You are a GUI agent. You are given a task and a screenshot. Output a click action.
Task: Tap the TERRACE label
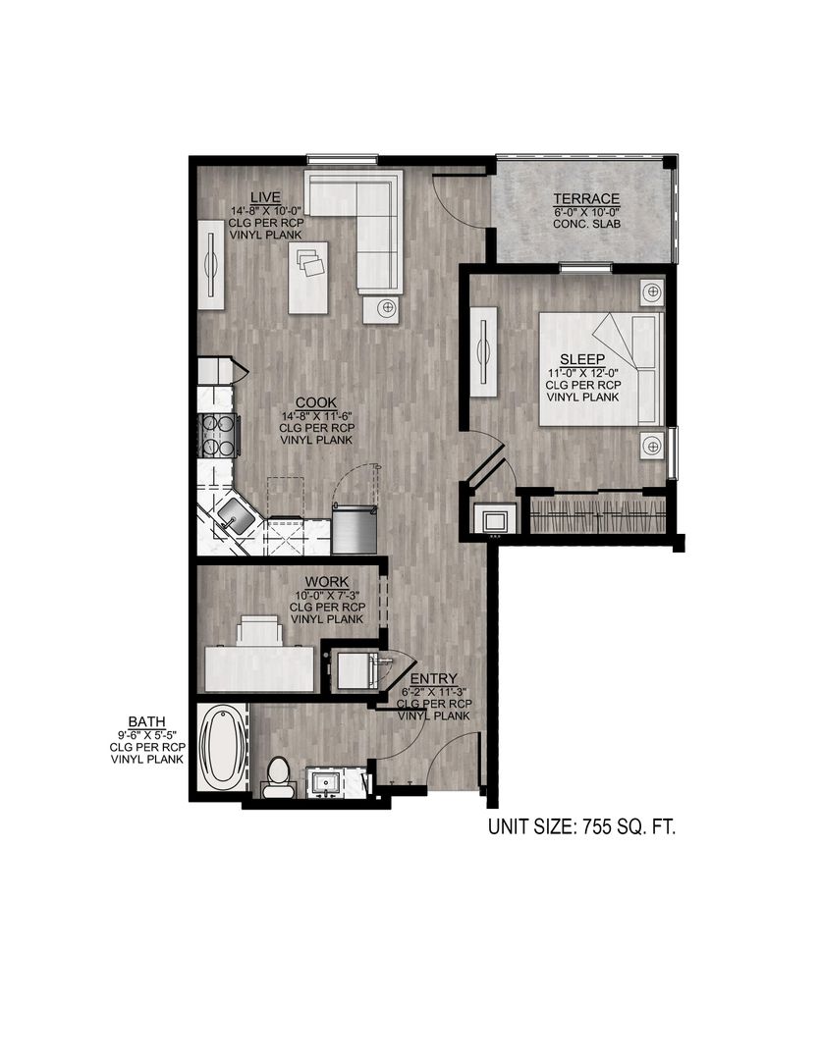coord(585,199)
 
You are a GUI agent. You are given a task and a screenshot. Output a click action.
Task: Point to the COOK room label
coord(315,402)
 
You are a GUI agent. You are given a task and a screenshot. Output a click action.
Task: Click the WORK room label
coord(327,582)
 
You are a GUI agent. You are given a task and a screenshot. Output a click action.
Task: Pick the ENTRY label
coord(433,679)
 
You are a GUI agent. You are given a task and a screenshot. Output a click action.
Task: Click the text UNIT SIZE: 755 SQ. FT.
coord(582,827)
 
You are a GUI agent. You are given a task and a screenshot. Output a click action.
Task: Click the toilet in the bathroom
coord(278,776)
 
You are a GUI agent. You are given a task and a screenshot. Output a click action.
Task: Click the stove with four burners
coord(220,436)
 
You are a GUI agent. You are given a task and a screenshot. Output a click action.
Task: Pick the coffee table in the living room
coord(309,278)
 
